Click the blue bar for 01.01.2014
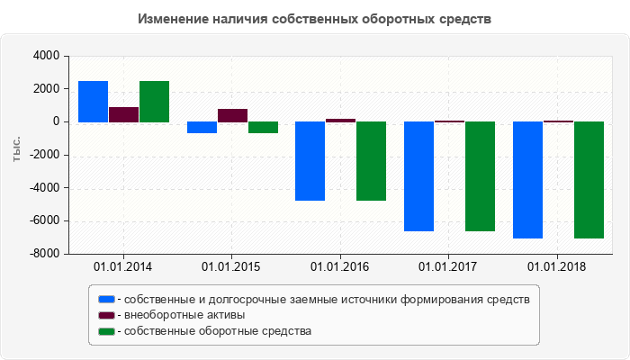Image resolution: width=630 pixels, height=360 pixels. click(x=94, y=102)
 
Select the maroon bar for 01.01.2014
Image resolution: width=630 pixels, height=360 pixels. click(x=123, y=114)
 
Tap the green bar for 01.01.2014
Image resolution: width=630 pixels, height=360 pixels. click(x=154, y=102)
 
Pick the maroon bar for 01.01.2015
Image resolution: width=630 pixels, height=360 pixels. click(x=232, y=115)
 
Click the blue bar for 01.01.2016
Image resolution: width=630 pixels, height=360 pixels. click(x=310, y=161)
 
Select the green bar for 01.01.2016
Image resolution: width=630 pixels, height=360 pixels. click(x=371, y=161)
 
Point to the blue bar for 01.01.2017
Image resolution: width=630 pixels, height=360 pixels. click(x=419, y=176)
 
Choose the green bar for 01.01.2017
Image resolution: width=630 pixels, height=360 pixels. click(x=480, y=176)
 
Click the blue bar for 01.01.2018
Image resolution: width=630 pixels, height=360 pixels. click(x=528, y=180)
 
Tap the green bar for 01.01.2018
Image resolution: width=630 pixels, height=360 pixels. click(x=589, y=180)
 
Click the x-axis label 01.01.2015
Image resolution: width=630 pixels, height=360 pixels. click(x=232, y=266)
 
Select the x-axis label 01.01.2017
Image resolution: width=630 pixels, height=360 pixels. click(x=449, y=266)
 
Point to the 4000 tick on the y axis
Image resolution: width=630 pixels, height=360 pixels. click(x=46, y=56)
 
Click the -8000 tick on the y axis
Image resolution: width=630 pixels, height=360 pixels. click(x=43, y=255)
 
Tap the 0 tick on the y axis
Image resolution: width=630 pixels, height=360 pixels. click(x=56, y=122)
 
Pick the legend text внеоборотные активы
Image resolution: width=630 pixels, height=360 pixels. click(x=184, y=315)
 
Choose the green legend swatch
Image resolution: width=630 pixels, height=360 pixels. click(x=106, y=331)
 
